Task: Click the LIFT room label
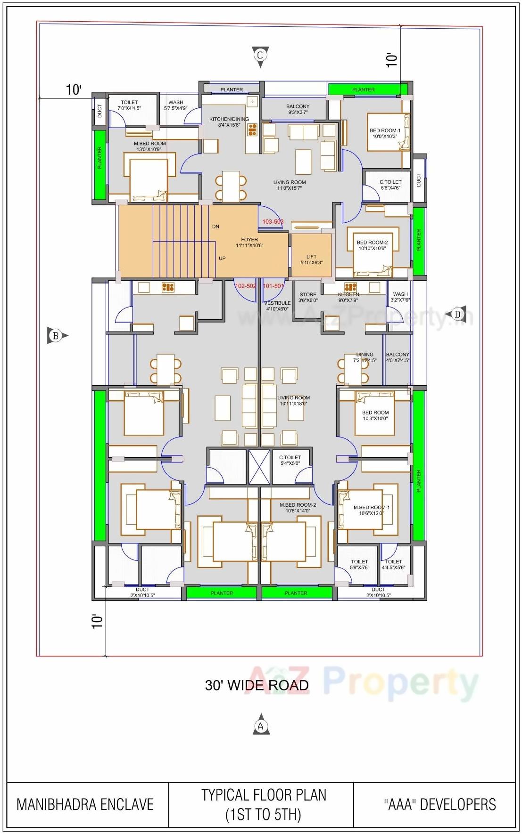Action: (311, 259)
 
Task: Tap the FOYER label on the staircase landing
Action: (249, 243)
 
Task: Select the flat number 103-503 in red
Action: (273, 221)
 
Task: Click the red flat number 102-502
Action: (245, 286)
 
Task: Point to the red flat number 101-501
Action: (273, 286)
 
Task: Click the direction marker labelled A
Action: (261, 726)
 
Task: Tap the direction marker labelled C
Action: (260, 56)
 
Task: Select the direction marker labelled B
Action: (56, 336)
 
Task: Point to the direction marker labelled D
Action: (456, 314)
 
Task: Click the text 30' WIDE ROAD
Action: (257, 685)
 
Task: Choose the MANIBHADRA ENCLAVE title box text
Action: (85, 805)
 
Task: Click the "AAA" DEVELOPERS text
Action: (439, 805)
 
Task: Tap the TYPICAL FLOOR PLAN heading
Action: (264, 795)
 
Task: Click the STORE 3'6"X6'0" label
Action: (308, 297)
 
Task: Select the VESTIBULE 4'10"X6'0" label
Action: (277, 306)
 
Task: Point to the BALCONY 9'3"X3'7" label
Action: (298, 109)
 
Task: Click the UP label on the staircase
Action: (222, 259)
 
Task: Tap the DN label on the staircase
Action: (215, 227)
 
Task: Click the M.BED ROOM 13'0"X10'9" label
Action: (149, 146)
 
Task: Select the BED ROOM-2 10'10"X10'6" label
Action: (372, 245)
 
